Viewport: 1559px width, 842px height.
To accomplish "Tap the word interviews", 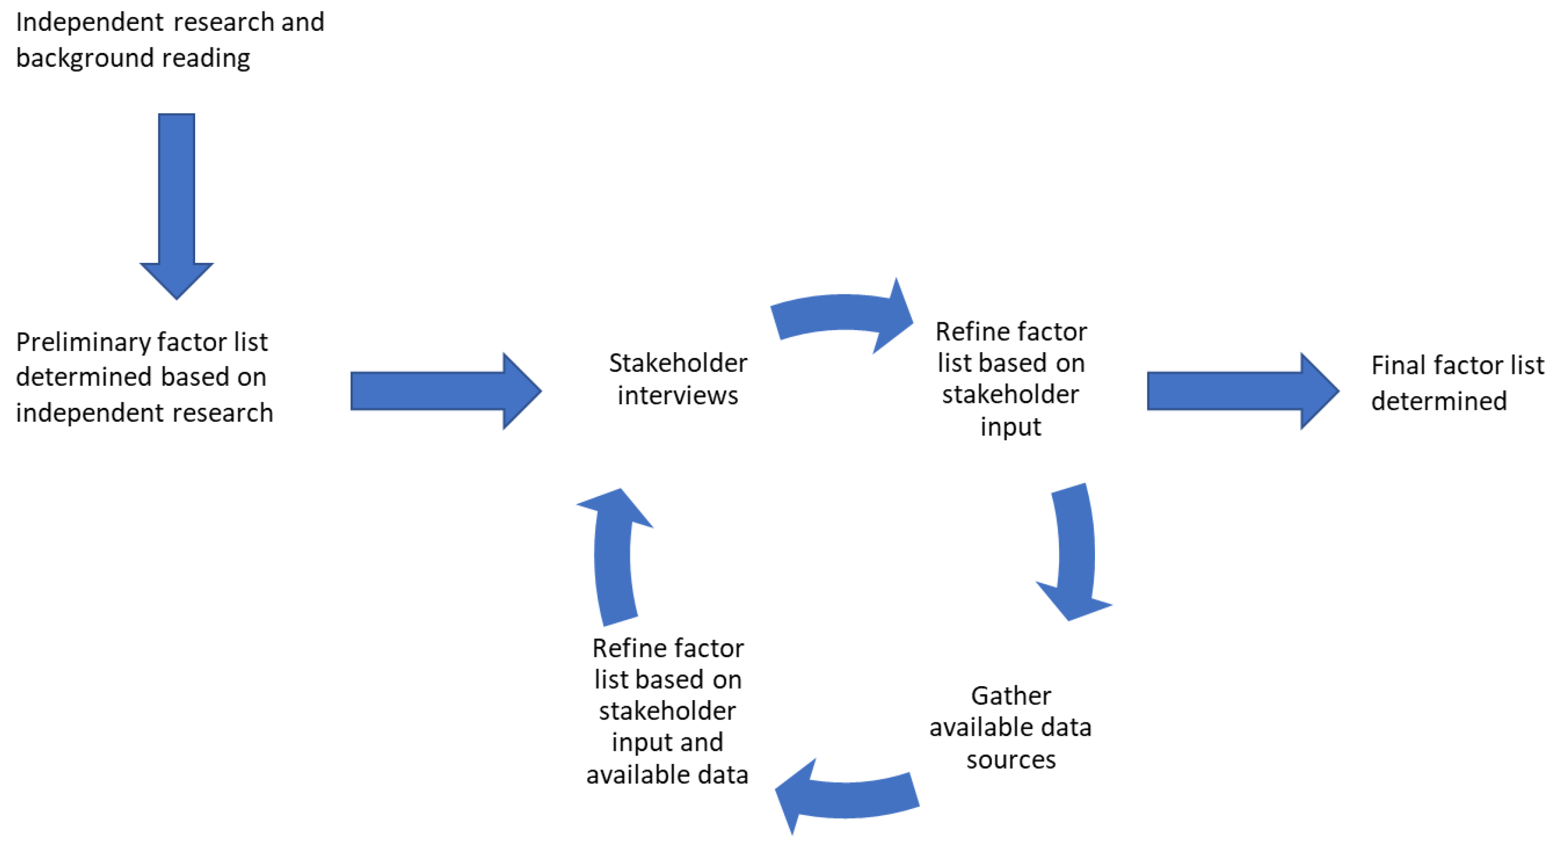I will pos(678,396).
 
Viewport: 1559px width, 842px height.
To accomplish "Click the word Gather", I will pos(1011,696).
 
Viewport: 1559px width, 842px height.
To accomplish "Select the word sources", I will pos(1011,760).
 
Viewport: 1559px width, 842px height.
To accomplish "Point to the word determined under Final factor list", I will pos(1439,401).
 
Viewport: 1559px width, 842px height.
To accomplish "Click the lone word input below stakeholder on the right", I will pos(1011,427).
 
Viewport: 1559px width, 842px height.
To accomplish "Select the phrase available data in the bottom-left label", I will pos(667,775).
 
